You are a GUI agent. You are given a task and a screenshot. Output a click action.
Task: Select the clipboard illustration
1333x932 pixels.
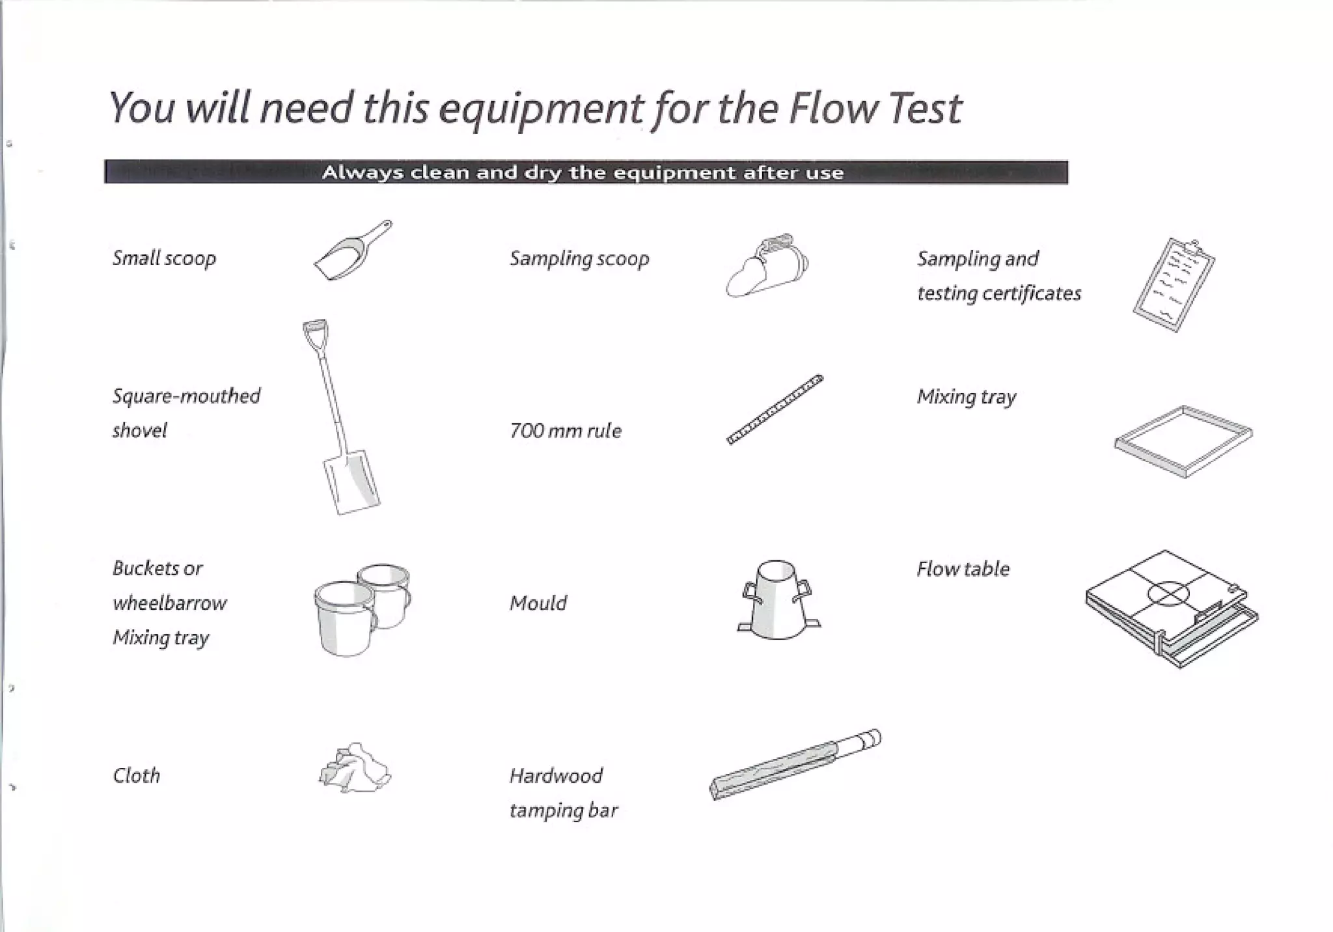1174,285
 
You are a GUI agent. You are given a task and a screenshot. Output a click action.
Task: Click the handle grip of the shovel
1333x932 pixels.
315,329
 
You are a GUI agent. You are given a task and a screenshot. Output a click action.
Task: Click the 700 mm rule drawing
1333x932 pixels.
775,409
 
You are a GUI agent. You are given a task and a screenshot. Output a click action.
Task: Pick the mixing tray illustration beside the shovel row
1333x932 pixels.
1183,441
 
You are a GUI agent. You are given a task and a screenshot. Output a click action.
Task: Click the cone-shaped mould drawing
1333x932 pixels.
777,601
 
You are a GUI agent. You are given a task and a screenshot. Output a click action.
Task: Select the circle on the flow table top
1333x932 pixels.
1168,593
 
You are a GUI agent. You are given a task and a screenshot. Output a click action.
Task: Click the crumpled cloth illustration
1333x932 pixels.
355,769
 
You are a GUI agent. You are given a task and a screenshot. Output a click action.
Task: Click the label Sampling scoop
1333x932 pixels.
579,259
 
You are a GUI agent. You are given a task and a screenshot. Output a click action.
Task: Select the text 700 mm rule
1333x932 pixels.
565,431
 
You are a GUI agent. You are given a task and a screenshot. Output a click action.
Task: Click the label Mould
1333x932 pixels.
538,603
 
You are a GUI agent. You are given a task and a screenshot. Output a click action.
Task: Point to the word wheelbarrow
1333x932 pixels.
169,603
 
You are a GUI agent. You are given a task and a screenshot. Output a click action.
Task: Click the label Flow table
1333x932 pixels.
963,569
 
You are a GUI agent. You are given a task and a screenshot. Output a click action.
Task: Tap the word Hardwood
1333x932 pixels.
556,776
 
